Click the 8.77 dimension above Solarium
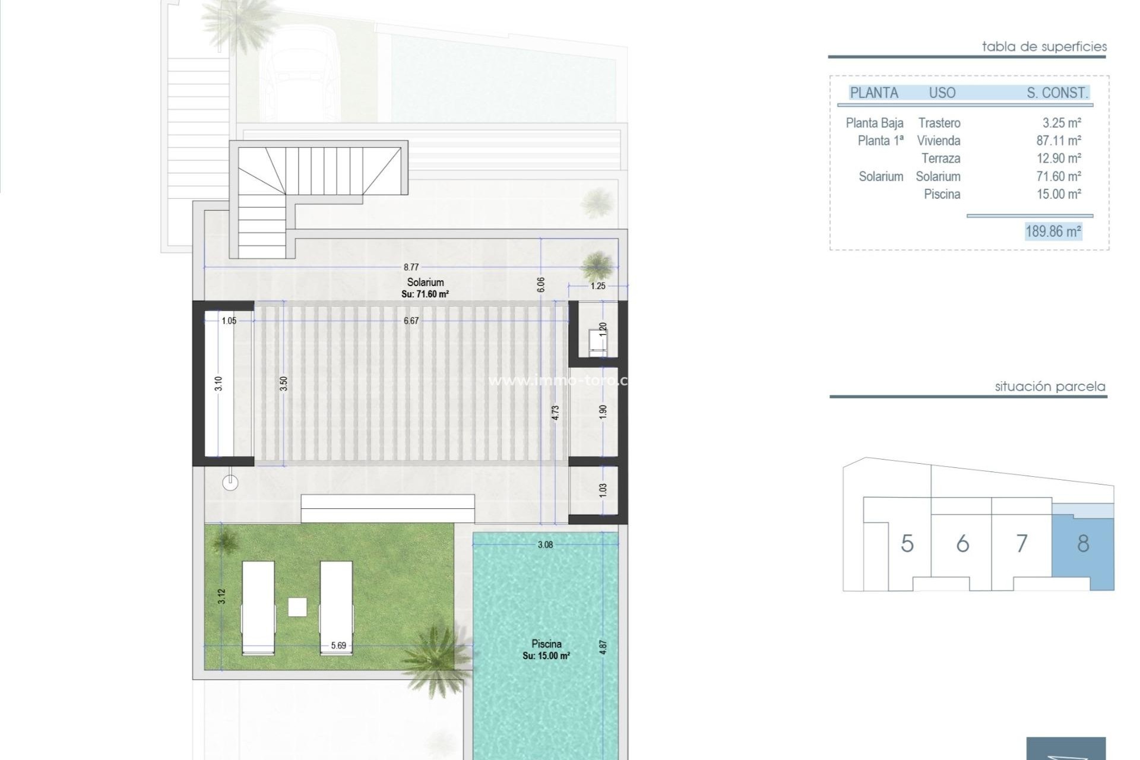[x=411, y=267]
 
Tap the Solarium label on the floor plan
[x=425, y=283]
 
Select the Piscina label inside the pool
[x=546, y=644]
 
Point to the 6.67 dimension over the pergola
[x=411, y=321]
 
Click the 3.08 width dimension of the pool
[x=545, y=544]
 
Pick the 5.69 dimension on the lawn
[x=338, y=645]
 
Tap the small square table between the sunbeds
[x=297, y=607]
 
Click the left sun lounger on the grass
[x=258, y=607]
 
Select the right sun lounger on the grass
[x=336, y=607]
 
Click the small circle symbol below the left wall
[x=230, y=483]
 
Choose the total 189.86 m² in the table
[x=1053, y=231]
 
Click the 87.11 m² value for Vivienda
[x=1059, y=141]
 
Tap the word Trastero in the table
[x=939, y=123]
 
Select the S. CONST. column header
[x=1057, y=93]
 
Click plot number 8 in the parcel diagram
[x=1083, y=543]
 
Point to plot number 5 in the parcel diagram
[x=907, y=543]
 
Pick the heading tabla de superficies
[x=1044, y=46]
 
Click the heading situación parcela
[x=1050, y=387]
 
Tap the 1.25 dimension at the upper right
[x=598, y=286]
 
